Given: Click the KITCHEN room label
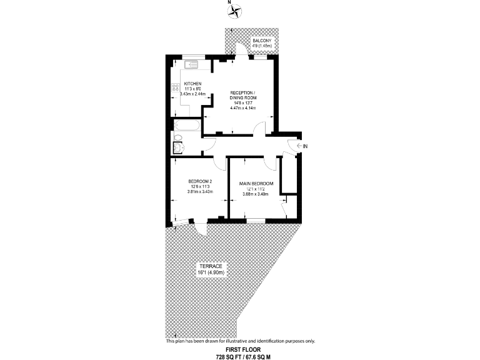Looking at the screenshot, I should coord(192,84).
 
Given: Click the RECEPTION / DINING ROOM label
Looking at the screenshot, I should coord(243,95).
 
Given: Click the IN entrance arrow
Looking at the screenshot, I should coord(301,146).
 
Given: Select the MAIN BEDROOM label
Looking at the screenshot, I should coord(256,183).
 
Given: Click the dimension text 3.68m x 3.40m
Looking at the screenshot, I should coord(256,194).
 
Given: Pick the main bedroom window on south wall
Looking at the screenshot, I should coord(256,221).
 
